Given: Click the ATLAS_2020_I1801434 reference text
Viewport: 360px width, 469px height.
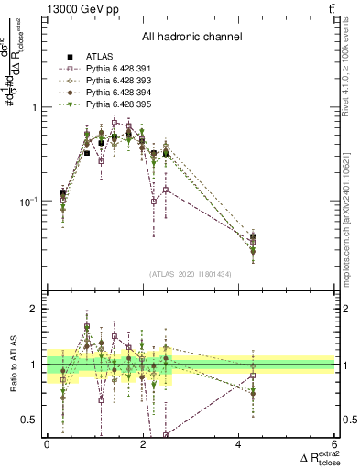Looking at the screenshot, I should tap(191, 274).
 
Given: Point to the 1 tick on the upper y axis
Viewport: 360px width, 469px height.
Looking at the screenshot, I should tap(36, 107).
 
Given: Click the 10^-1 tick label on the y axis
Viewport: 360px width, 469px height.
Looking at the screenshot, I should tap(31, 202).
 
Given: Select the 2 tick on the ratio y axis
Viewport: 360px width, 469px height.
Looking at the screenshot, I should tap(36, 309).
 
